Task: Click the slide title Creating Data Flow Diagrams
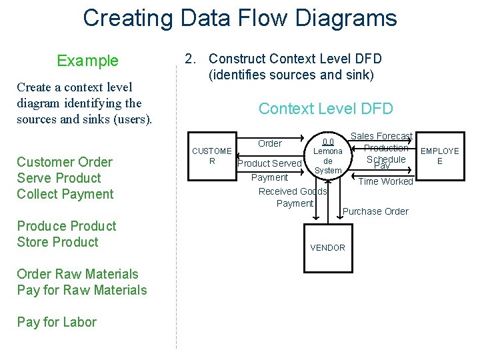[x=239, y=18]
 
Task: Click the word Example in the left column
[x=87, y=61]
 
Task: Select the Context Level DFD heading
[x=325, y=109]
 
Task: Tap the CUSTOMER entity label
[x=211, y=156]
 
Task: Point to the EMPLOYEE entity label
[x=439, y=156]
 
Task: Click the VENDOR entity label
[x=327, y=248]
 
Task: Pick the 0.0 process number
[x=328, y=141]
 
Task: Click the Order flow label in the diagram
[x=269, y=143]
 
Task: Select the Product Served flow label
[x=269, y=163]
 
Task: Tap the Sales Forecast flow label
[x=381, y=136]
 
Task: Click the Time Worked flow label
[x=386, y=181]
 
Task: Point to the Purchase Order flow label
[x=375, y=211]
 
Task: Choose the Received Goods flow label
[x=293, y=191]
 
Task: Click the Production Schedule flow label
[x=386, y=153]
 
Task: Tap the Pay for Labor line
[x=57, y=322]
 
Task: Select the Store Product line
[x=57, y=242]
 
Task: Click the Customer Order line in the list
[x=65, y=162]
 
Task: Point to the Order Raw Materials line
[x=77, y=274]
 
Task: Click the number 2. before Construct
[x=191, y=60]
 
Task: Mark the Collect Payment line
[x=65, y=194]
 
